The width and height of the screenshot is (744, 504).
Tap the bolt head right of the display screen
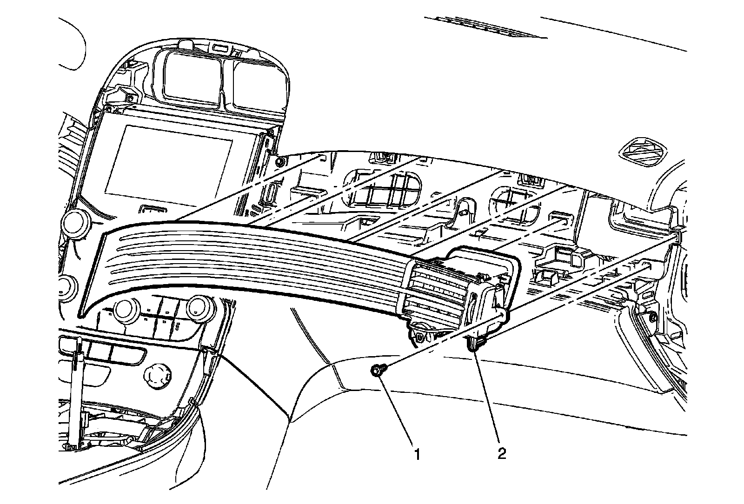(280, 161)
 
